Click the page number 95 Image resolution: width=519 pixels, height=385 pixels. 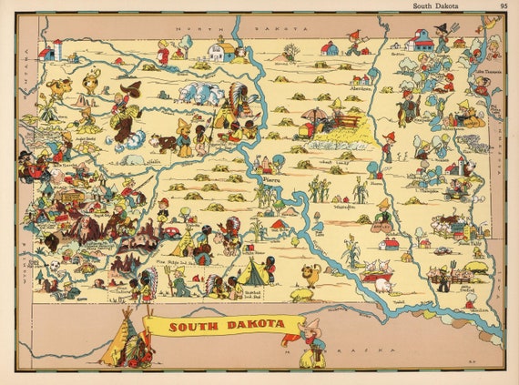(x=504, y=5)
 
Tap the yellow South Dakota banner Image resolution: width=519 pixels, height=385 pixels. (x=223, y=325)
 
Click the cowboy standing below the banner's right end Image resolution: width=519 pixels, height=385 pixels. (x=312, y=344)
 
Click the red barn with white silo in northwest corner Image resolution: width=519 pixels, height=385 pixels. (x=52, y=50)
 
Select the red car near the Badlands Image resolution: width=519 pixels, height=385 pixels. (x=170, y=232)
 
